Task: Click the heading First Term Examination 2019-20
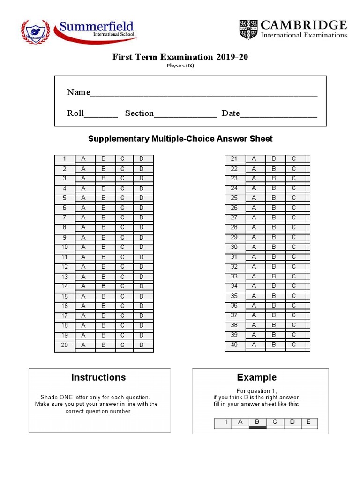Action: [180, 57]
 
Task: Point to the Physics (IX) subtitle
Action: [180, 66]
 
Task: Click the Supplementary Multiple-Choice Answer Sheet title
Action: [180, 139]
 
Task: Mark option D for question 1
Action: [142, 159]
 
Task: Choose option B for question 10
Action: [104, 247]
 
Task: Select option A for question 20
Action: [83, 345]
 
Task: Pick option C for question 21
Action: [294, 159]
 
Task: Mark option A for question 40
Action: [254, 345]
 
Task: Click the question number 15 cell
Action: [65, 296]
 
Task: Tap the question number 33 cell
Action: [234, 277]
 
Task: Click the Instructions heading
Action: [98, 377]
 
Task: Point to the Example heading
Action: [256, 377]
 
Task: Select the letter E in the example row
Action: [308, 422]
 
